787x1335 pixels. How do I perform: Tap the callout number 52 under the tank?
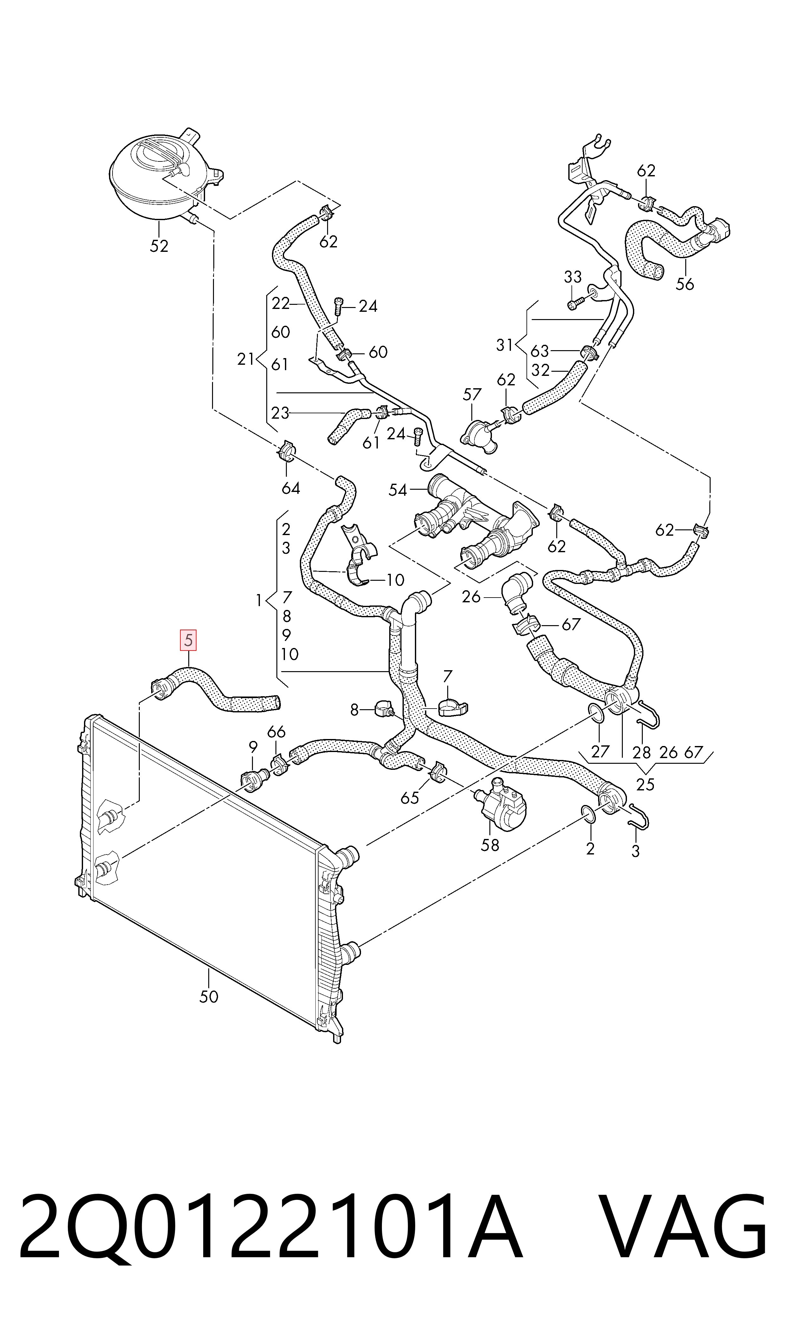coord(159,246)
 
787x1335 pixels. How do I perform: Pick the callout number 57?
coord(472,395)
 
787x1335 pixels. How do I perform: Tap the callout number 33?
coord(573,277)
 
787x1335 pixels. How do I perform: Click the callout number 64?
coord(291,488)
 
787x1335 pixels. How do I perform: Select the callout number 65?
coord(410,798)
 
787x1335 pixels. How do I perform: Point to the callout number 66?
coord(276,732)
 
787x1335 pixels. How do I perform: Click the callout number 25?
coord(645,785)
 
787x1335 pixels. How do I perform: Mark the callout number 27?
coord(600,752)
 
